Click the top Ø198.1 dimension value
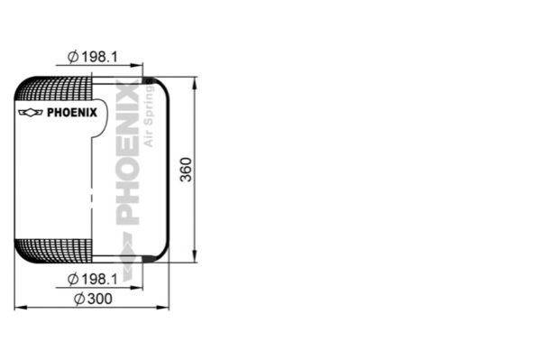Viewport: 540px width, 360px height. [x=93, y=57]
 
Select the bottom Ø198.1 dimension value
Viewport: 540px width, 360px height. [x=93, y=279]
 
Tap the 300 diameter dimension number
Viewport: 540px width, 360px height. [x=94, y=299]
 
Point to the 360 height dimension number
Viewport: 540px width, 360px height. [x=186, y=170]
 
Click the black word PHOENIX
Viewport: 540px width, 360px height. [x=72, y=113]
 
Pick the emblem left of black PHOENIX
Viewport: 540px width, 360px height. [x=31, y=113]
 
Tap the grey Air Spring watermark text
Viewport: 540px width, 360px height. [x=149, y=115]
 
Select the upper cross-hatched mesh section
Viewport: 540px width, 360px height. [x=54, y=88]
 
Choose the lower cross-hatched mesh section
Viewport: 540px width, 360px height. [x=54, y=251]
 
